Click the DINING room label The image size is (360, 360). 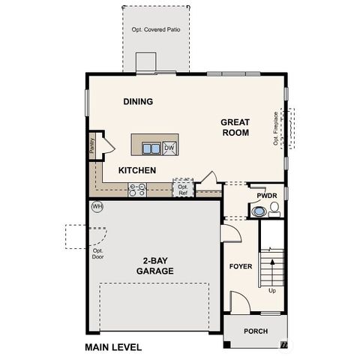(138, 101)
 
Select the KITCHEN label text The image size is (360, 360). (136, 170)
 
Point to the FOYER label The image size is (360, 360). (240, 266)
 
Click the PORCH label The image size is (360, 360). (256, 331)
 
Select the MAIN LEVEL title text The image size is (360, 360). (112, 348)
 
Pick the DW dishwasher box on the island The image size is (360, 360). (169, 148)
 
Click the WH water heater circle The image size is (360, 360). (97, 205)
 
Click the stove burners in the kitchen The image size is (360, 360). (136, 190)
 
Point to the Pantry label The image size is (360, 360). (91, 145)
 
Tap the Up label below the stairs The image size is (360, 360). (271, 290)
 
